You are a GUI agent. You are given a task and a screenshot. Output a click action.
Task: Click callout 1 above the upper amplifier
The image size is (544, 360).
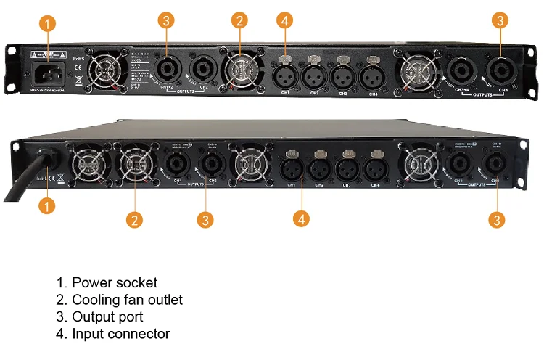48,23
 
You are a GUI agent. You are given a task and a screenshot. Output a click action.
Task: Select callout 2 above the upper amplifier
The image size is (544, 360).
239,20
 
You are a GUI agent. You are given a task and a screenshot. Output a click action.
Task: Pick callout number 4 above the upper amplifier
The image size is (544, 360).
285,20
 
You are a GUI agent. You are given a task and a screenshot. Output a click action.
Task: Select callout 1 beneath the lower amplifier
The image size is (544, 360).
46,206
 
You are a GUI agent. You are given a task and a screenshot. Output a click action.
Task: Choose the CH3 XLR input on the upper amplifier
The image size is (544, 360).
343,73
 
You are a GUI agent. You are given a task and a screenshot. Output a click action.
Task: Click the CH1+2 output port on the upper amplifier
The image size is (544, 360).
166,70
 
